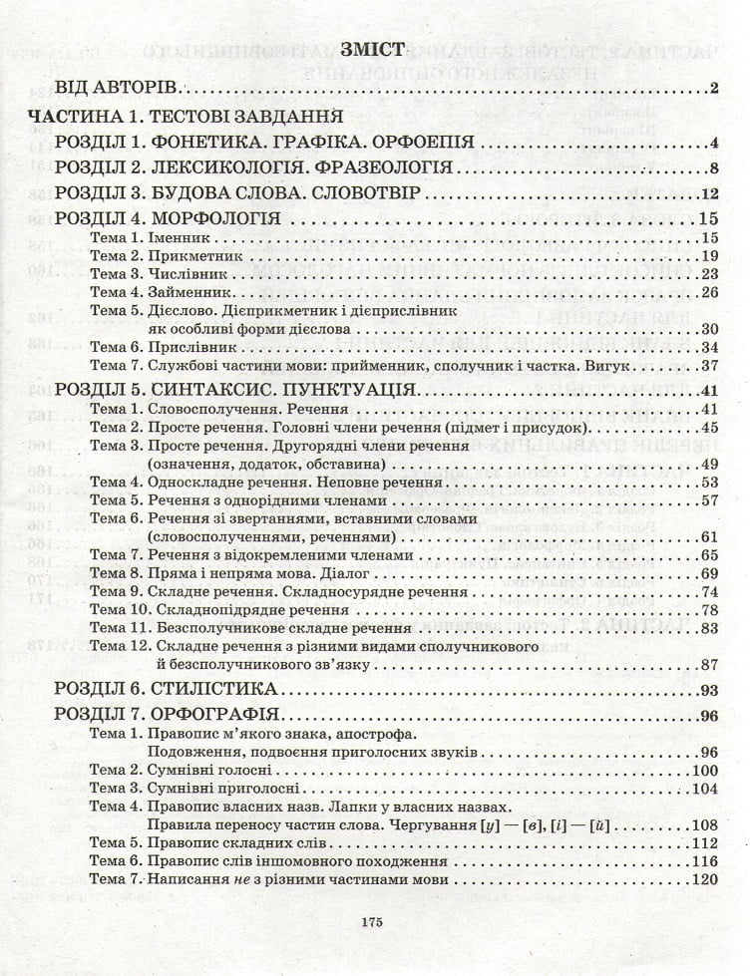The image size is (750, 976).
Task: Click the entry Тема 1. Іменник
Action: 152,239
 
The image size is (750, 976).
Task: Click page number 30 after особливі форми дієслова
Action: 709,329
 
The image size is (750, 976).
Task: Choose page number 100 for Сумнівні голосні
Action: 704,770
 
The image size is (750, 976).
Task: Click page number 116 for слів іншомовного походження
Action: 704,861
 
